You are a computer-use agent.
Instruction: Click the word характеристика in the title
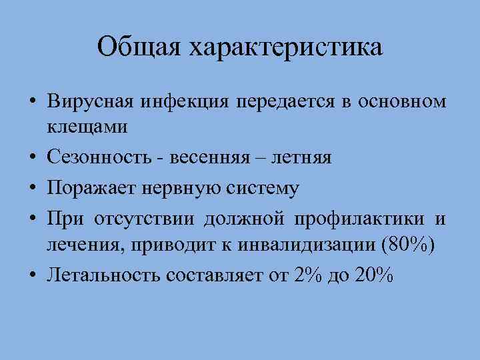tap(286, 48)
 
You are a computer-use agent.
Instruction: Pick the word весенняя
tap(207, 157)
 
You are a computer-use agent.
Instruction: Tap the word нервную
tap(171, 189)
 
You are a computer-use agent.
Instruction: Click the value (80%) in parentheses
tap(407, 244)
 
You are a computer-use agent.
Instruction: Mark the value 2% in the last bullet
tap(307, 275)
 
